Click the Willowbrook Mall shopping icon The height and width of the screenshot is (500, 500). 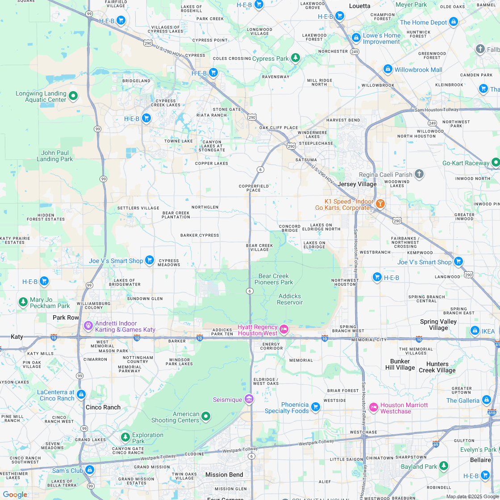388,69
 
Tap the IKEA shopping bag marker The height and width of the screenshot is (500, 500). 475,331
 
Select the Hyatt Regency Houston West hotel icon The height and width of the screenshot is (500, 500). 283,329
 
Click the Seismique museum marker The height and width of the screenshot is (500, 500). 249,399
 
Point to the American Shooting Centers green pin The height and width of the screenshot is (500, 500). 206,417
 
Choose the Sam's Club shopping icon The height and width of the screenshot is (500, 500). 90,470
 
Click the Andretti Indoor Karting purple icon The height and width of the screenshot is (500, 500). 88,326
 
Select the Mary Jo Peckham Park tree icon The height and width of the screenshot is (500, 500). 23,302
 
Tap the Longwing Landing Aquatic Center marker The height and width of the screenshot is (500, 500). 73,96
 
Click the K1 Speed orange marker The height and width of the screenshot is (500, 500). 380,204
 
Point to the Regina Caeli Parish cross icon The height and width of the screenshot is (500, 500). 419,174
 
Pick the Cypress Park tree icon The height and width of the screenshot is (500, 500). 295,58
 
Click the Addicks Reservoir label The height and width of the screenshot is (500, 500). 289,299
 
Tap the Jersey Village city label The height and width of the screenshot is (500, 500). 357,184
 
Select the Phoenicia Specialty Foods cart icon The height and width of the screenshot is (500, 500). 316,407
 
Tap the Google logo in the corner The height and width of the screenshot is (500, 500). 15,494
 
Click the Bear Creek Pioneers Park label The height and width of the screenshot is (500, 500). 274,279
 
